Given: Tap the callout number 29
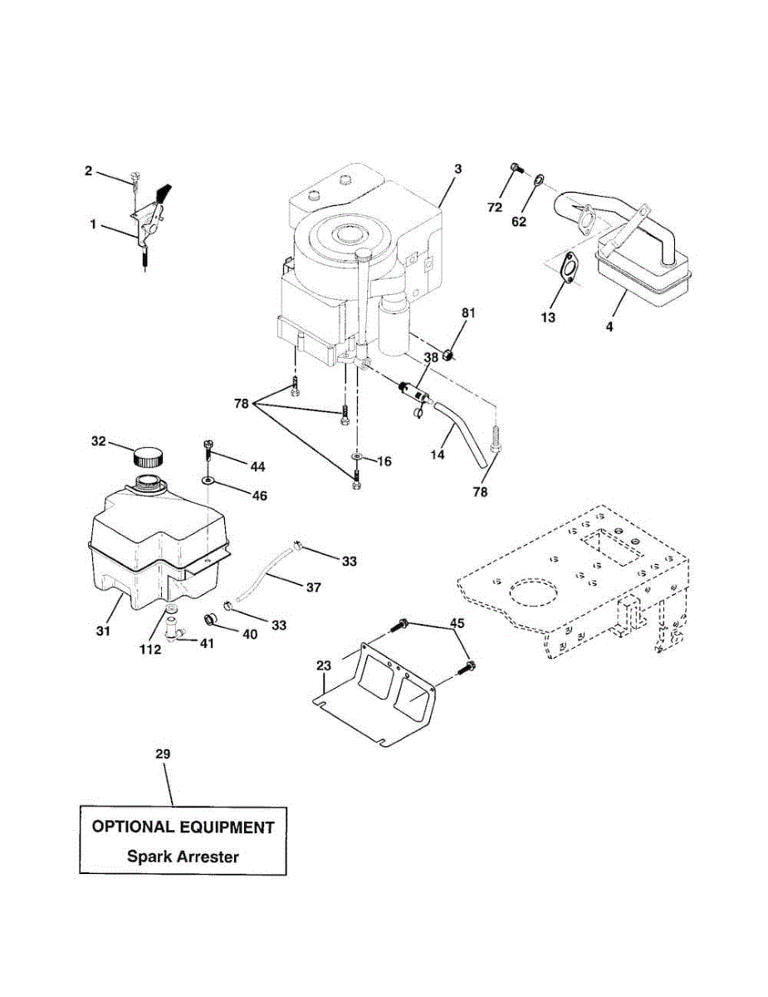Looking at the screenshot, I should [x=163, y=754].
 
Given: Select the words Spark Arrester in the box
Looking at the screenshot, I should [x=183, y=857].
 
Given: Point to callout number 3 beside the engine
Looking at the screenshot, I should [x=457, y=169].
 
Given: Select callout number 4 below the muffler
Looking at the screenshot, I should [x=609, y=327].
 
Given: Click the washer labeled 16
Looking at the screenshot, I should [x=355, y=458].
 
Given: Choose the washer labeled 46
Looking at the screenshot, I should [x=208, y=480].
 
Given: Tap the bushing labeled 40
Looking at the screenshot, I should [x=211, y=619].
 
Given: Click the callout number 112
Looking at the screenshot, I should [x=149, y=650].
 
